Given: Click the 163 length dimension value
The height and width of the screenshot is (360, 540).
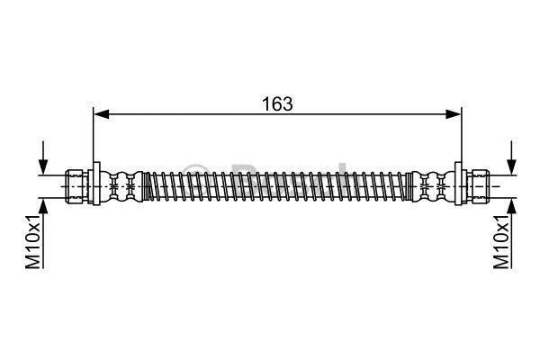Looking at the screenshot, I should point(277,103).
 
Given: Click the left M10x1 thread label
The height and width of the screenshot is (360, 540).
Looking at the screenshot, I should point(31,240).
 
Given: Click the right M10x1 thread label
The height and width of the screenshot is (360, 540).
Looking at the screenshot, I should point(502,240).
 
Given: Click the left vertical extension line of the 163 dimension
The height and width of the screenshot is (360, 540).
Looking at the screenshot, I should point(94,135).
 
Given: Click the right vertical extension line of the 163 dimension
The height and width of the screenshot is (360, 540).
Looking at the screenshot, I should point(461,135).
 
